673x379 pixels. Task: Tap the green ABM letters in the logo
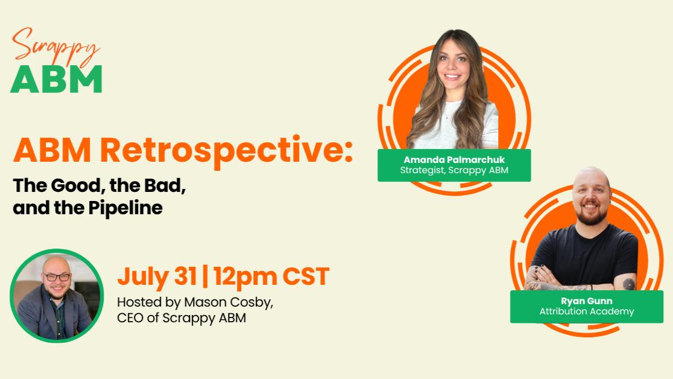click(56, 79)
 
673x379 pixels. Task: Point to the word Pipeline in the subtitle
click(125, 208)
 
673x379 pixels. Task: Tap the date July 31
click(157, 276)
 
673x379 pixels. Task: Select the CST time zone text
click(306, 276)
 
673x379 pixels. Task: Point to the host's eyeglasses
click(57, 277)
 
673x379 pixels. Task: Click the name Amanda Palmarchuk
click(454, 160)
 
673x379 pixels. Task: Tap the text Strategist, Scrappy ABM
click(454, 171)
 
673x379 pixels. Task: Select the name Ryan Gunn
click(586, 301)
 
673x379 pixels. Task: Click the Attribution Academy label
click(586, 311)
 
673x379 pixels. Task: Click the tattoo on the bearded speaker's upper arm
click(629, 284)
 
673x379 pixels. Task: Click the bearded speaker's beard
click(591, 214)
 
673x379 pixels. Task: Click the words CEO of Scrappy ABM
click(182, 319)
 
